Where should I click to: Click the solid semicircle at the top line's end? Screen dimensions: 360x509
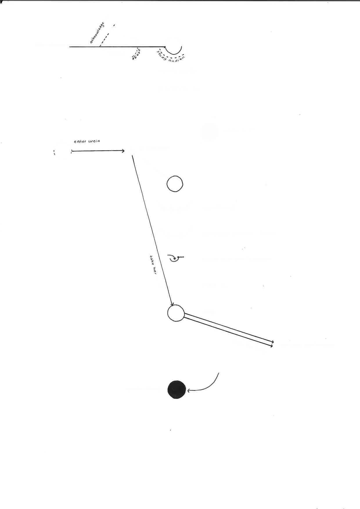(174, 52)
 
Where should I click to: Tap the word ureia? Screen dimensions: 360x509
(94, 141)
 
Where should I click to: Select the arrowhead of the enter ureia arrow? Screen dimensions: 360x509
(123, 151)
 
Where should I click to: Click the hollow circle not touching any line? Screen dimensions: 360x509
(175, 184)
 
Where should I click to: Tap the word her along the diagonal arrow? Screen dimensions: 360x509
(154, 270)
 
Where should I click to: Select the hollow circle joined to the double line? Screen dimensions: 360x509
(176, 313)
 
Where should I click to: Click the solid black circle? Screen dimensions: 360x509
(177, 389)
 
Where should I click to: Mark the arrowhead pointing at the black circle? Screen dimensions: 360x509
(189, 391)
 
